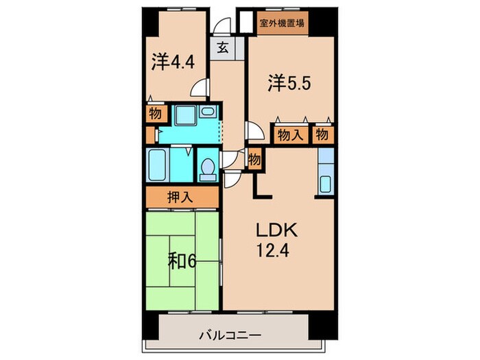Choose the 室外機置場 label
click(282, 22)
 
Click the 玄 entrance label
click(224, 48)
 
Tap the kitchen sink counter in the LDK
click(325, 171)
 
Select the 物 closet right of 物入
click(322, 135)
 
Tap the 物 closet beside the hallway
click(254, 160)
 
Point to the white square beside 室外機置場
click(243, 21)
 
